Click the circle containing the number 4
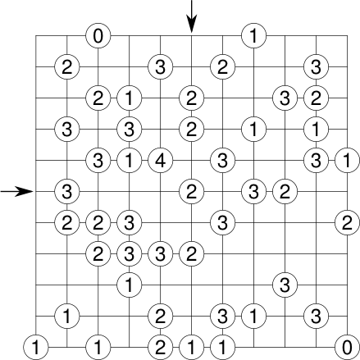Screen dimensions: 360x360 [160, 161]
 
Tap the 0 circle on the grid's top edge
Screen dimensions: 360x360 [98, 35]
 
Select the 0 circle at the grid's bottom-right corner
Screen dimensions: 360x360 [347, 348]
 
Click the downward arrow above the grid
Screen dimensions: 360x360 [191, 16]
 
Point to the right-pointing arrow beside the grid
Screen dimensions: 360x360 [16, 191]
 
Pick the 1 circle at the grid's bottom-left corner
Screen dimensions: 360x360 [35, 348]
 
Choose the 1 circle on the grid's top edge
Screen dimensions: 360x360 [253, 35]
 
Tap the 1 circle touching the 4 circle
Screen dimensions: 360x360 [129, 161]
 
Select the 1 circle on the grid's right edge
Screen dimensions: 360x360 [347, 161]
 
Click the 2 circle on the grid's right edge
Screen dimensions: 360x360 [347, 223]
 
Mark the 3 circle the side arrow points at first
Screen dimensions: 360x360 [67, 191]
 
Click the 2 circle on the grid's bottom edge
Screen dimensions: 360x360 [160, 348]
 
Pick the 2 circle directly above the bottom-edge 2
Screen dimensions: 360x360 [160, 317]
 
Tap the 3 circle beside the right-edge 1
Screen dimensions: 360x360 [316, 161]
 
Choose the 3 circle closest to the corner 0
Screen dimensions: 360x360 [316, 317]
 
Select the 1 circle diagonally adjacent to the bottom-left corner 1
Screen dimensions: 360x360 [67, 317]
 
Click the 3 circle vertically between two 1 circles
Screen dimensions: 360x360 [129, 129]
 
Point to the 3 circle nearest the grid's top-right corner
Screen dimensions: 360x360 [316, 66]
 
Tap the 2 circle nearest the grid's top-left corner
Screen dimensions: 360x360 [67, 66]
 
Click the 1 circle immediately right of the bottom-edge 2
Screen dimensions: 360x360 [191, 348]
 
